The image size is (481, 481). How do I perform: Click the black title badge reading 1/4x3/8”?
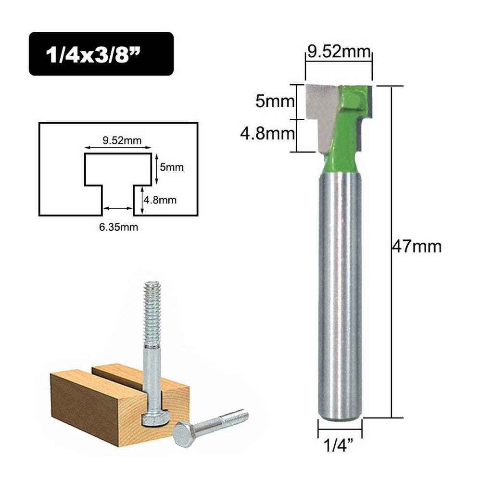tap(101, 54)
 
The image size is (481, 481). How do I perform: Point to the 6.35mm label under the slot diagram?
tap(118, 227)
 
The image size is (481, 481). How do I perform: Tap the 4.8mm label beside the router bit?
tap(267, 133)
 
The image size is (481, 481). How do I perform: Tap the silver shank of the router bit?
tap(340, 289)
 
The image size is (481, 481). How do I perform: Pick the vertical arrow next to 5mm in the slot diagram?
tap(157, 169)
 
